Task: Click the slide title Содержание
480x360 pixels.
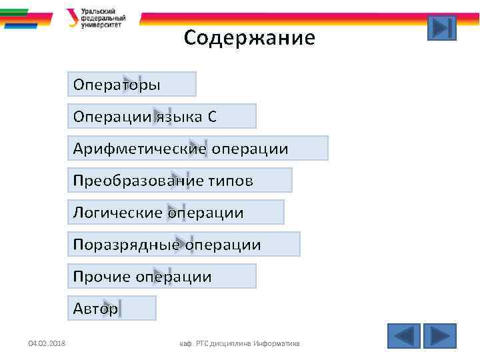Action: (249, 37)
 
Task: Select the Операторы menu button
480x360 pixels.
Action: (132, 85)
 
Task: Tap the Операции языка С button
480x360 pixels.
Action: (162, 117)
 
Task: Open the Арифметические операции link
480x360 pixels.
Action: (198, 149)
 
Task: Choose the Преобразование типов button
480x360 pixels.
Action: (180, 181)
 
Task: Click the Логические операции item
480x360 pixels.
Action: (176, 213)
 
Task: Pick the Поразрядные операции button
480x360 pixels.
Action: (184, 245)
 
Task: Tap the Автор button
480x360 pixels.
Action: (112, 309)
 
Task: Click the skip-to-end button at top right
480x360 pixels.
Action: (441, 28)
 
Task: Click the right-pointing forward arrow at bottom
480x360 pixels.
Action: (440, 335)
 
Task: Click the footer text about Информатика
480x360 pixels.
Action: (240, 343)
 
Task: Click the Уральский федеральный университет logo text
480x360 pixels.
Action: (103, 18)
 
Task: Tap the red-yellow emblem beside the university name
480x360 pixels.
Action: (72, 17)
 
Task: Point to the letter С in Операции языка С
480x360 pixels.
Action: (212, 117)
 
